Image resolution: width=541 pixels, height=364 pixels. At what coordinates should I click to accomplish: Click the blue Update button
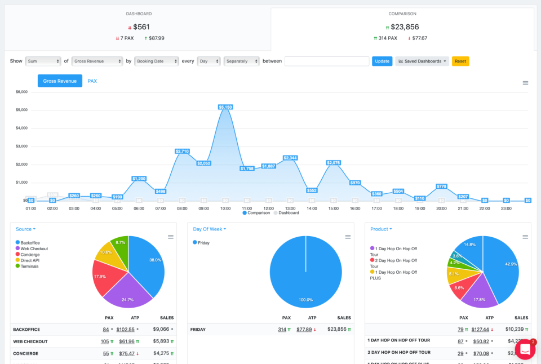pyautogui.click(x=382, y=61)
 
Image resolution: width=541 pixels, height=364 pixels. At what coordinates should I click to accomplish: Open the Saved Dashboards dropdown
pyautogui.click(x=422, y=61)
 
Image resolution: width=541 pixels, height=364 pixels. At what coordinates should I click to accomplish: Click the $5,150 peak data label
pyautogui.click(x=225, y=106)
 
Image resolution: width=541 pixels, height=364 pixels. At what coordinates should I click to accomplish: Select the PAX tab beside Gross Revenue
pyautogui.click(x=92, y=81)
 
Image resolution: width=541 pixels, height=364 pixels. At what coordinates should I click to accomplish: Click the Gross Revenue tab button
pyautogui.click(x=60, y=81)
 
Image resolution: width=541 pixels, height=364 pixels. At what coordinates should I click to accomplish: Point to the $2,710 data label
pyautogui.click(x=182, y=151)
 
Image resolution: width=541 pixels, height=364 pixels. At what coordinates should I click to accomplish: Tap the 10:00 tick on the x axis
pyautogui.click(x=225, y=208)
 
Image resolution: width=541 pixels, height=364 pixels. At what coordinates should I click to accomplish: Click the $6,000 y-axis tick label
pyautogui.click(x=21, y=91)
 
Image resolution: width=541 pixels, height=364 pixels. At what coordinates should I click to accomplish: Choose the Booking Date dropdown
pyautogui.click(x=156, y=61)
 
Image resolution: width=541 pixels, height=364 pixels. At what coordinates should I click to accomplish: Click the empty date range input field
pyautogui.click(x=327, y=61)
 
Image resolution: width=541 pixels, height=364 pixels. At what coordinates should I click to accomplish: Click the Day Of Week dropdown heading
pyautogui.click(x=210, y=229)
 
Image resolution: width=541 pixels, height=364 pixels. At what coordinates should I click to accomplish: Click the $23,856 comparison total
pyautogui.click(x=404, y=27)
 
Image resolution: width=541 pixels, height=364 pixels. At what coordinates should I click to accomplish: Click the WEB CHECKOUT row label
pyautogui.click(x=30, y=341)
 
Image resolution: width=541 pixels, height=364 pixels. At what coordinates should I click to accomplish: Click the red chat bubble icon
pyautogui.click(x=525, y=349)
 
